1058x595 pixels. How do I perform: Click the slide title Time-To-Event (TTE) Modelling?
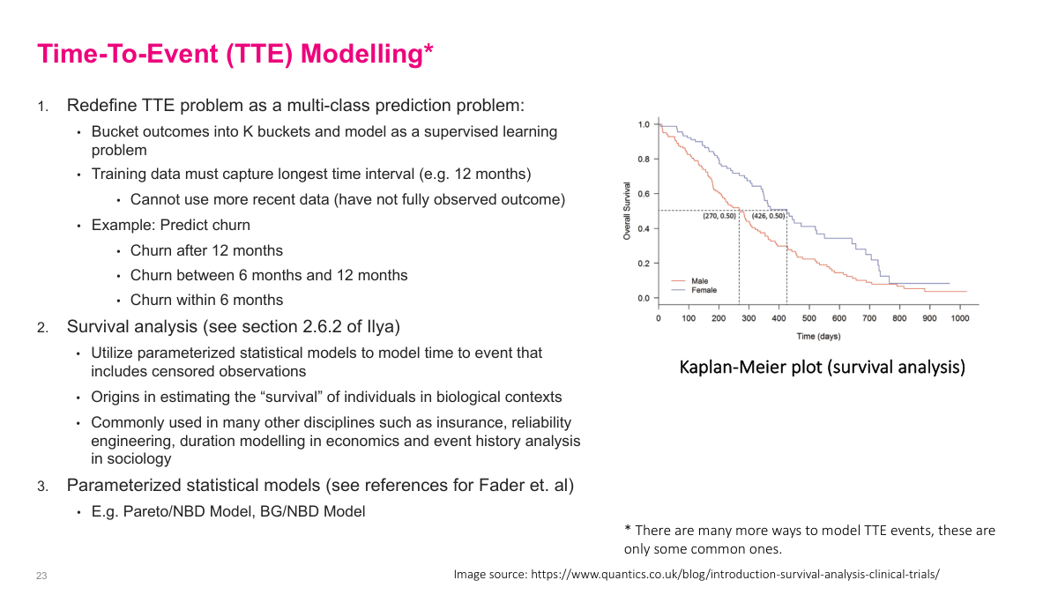[x=235, y=54]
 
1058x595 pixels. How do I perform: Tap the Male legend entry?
[x=699, y=281]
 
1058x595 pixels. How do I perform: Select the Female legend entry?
[x=704, y=290]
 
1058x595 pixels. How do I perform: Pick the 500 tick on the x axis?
[x=809, y=318]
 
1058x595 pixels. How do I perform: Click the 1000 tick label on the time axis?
[x=959, y=318]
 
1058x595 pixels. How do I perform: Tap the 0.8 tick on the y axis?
[x=643, y=160]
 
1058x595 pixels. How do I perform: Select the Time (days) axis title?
[x=818, y=336]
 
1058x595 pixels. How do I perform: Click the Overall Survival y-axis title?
[x=627, y=212]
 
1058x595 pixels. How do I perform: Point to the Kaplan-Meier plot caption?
[x=822, y=367]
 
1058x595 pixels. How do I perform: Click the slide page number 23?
[x=41, y=576]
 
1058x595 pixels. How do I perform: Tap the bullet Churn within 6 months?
[x=206, y=300]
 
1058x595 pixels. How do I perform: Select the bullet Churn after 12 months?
[x=206, y=250]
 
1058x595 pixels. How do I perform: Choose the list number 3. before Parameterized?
[x=42, y=487]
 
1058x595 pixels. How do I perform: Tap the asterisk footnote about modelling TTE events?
[x=809, y=539]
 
